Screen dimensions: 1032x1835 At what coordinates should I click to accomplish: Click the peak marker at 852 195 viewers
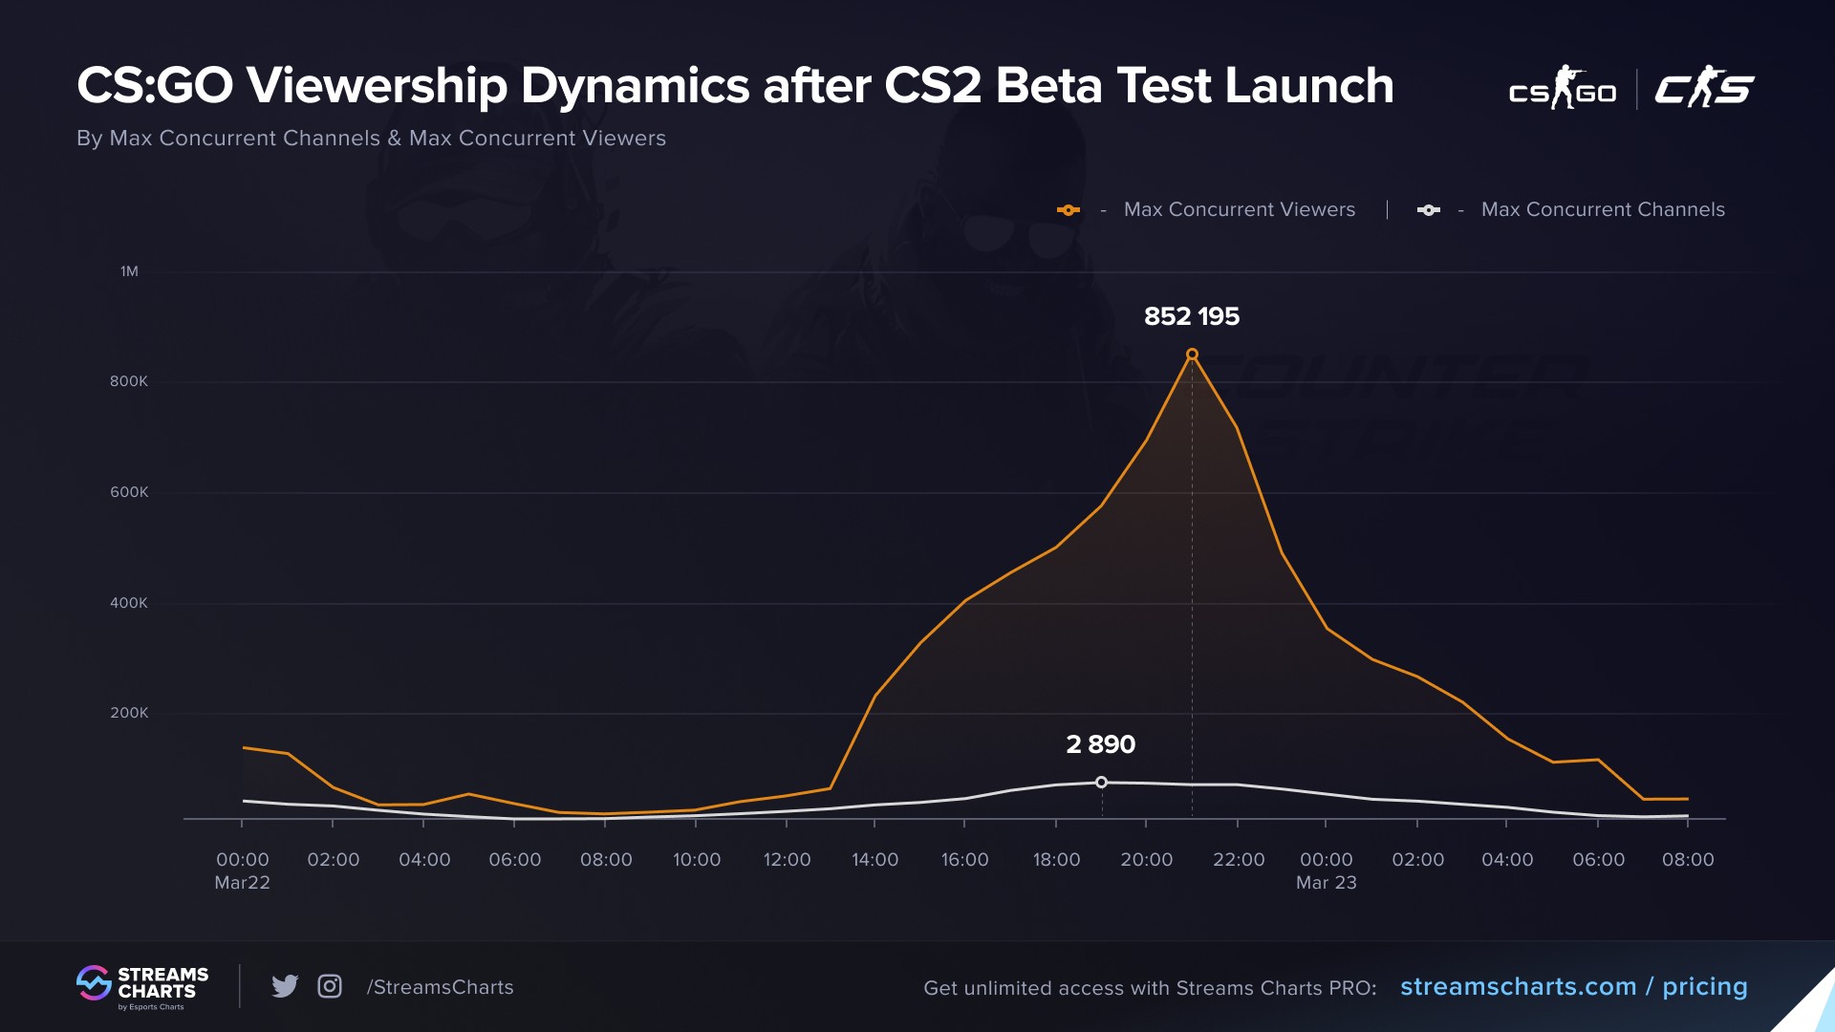point(1192,355)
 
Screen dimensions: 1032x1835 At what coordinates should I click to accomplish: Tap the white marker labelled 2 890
point(1101,783)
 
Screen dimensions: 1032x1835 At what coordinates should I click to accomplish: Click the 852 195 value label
point(1191,316)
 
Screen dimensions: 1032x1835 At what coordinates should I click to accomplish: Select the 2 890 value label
point(1100,744)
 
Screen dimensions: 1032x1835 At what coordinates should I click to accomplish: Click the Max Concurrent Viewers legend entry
point(1239,209)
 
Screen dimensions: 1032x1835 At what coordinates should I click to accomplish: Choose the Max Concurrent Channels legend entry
point(1602,209)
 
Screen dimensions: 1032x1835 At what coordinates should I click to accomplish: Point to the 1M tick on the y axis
point(129,271)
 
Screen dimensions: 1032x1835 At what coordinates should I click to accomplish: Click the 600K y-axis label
point(129,492)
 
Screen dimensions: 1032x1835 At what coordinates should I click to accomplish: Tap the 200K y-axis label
point(129,713)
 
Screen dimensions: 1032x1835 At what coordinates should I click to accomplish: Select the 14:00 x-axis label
point(874,860)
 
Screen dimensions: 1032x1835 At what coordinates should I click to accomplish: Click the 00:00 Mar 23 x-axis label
point(1326,871)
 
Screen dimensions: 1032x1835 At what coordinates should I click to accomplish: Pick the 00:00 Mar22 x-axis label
point(242,871)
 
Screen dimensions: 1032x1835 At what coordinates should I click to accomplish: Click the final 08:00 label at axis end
point(1688,860)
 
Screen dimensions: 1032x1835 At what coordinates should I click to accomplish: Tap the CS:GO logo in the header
point(1563,89)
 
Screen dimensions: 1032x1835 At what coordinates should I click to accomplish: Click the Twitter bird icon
point(285,986)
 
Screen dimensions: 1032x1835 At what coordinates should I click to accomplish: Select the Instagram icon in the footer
point(330,986)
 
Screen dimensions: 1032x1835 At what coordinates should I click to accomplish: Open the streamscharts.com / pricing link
point(1573,987)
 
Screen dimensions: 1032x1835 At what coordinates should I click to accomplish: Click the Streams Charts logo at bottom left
point(142,987)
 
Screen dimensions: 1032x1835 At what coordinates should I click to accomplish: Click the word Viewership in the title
point(378,86)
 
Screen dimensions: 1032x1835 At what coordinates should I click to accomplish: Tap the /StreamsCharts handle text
point(440,987)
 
